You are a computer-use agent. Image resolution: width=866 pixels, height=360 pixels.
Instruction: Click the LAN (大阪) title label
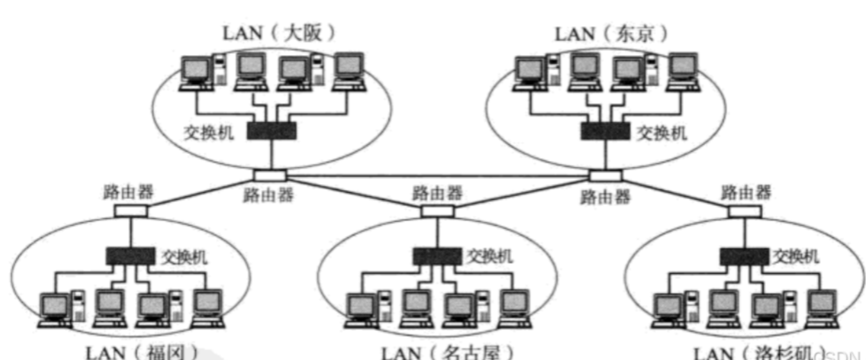point(279,33)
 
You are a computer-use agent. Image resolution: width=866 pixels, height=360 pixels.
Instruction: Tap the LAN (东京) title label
point(611,33)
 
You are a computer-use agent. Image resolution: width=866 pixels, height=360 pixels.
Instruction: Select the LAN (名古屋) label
point(447,352)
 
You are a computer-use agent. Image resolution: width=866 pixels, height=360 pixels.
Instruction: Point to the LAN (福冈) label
point(141,352)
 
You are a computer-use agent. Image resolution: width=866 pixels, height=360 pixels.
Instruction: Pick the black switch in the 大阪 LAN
point(272,131)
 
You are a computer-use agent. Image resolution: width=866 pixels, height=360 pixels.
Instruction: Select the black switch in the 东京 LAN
point(605,131)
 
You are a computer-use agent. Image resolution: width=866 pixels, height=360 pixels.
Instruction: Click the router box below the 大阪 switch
point(269,174)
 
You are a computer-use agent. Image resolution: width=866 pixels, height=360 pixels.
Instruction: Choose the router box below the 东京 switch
point(606,174)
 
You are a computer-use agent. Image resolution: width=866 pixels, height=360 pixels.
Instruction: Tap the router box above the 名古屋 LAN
point(437,210)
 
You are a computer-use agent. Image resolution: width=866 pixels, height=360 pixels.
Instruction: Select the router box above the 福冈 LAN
point(131,210)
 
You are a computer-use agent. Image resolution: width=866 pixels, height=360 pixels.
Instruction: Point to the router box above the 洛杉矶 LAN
point(744,210)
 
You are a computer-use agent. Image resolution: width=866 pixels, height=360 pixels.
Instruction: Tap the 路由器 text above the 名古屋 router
point(437,192)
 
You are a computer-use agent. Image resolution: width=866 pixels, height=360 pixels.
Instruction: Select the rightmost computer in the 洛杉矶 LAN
point(822,307)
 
